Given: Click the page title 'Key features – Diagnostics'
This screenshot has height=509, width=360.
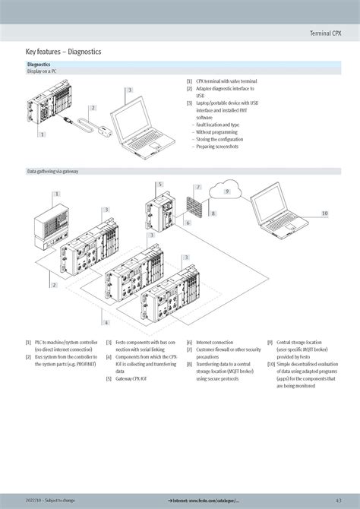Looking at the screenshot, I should pyautogui.click(x=63, y=51).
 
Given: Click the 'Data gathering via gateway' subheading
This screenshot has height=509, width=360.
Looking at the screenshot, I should pyautogui.click(x=52, y=172).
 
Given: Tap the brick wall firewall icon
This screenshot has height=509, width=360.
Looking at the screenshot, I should pyautogui.click(x=193, y=206).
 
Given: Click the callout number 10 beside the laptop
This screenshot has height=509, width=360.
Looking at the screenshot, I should pyautogui.click(x=324, y=213).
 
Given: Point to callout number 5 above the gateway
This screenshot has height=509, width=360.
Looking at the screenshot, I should pyautogui.click(x=160, y=184).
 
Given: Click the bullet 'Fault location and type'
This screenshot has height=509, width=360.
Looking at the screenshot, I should pyautogui.click(x=218, y=125).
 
